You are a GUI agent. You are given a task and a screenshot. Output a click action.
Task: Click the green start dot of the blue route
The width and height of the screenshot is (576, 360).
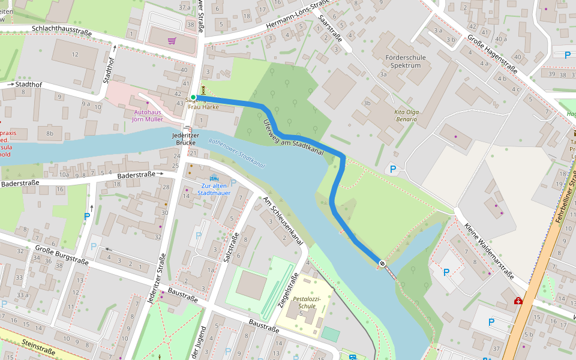coord(193,97)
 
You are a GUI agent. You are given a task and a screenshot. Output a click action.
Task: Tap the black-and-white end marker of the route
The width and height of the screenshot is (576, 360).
coord(382,263)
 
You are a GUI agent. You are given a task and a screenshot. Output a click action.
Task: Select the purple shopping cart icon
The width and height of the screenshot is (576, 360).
coord(172,41)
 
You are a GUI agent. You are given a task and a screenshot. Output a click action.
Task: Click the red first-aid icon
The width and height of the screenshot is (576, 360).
coord(518,301)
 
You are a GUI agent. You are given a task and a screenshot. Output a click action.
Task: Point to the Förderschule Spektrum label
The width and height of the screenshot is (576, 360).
coord(406,61)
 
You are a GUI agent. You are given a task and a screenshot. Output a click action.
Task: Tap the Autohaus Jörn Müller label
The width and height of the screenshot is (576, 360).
coord(148,116)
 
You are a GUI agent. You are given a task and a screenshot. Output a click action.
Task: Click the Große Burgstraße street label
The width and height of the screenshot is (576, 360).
coord(61,254)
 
